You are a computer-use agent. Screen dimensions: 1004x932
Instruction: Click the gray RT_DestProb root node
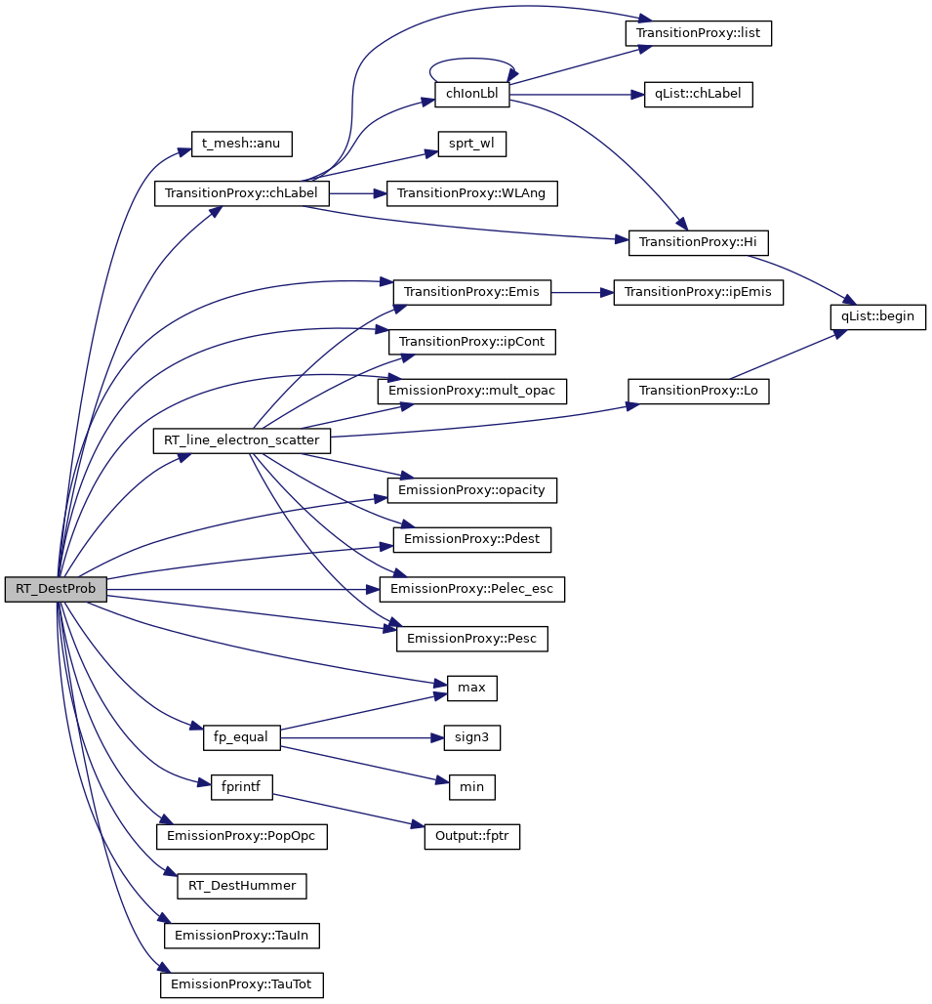coord(56,590)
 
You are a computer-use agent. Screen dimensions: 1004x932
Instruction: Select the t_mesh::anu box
coord(241,144)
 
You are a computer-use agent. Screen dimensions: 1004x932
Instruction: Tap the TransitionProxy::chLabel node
coord(242,193)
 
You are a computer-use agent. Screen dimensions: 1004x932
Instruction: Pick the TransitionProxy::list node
coord(698,32)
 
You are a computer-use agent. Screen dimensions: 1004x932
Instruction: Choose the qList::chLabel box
coord(698,95)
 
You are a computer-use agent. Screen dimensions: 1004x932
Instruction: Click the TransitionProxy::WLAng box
coord(472,193)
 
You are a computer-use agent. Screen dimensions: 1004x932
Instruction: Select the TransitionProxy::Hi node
coord(698,243)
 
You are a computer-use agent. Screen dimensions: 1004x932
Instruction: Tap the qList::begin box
coord(877,316)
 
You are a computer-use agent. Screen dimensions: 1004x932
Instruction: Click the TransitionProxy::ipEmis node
coord(698,292)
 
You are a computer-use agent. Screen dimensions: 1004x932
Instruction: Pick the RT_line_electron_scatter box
coord(242,440)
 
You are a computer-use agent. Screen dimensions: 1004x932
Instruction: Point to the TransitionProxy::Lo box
coord(698,391)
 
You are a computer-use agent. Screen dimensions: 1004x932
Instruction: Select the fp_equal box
coord(242,736)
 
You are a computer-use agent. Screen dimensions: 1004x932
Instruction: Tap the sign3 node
coord(471,737)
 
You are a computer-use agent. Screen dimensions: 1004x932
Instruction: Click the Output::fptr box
coord(471,836)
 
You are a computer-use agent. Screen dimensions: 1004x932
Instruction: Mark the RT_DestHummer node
coord(242,886)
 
